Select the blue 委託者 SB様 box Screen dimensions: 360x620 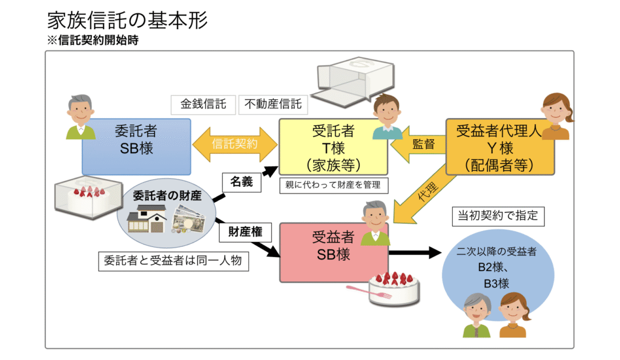(x=136, y=146)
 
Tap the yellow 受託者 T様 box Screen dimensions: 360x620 (x=332, y=147)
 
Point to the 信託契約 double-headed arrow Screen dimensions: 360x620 (x=234, y=145)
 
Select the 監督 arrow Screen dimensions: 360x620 (x=418, y=145)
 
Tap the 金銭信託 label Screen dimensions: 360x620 (x=203, y=104)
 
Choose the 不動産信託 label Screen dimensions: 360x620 (x=273, y=104)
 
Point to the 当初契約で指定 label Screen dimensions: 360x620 (x=498, y=215)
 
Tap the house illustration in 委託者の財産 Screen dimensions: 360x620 (x=147, y=219)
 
